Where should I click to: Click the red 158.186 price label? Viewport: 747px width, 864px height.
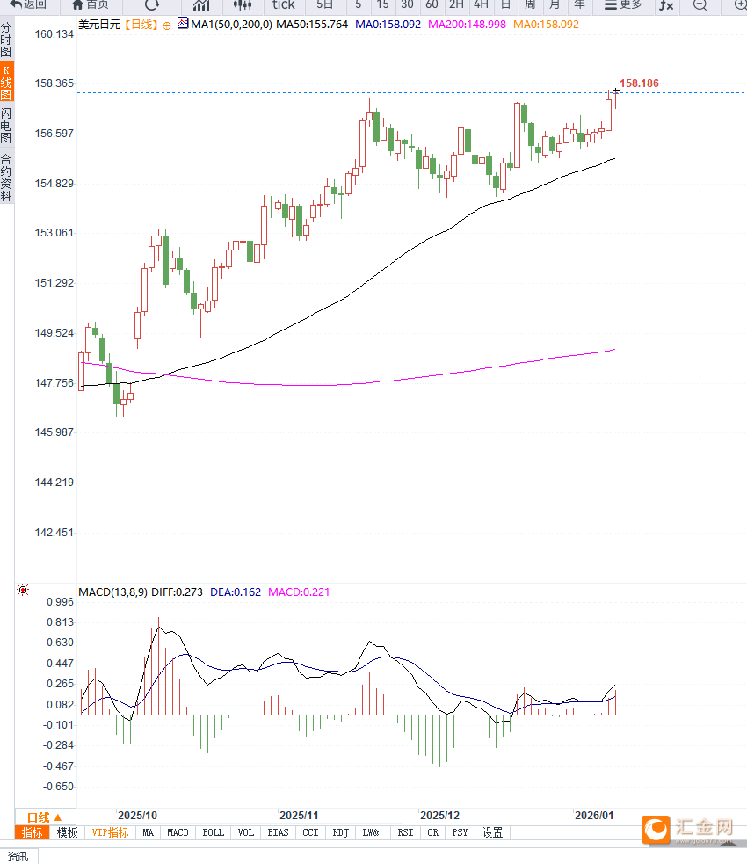[x=639, y=83]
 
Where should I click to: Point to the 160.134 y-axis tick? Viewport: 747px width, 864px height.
[x=54, y=34]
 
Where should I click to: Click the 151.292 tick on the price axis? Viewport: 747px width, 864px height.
[x=54, y=283]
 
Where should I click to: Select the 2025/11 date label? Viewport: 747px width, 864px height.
[x=298, y=815]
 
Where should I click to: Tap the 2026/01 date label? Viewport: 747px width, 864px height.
[x=593, y=815]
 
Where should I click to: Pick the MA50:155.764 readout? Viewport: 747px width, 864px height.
[x=312, y=25]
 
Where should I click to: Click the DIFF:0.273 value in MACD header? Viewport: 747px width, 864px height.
[x=177, y=592]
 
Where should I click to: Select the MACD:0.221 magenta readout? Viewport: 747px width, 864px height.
[x=299, y=592]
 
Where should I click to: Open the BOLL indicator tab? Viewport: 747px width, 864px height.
[x=213, y=832]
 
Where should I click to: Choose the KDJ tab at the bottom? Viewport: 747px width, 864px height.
[x=341, y=832]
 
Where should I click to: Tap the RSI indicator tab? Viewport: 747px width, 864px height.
[x=405, y=832]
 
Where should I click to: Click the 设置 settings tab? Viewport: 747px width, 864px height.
[x=493, y=832]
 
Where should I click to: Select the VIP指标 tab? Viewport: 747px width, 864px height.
[x=111, y=832]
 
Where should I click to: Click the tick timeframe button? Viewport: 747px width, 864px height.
[x=283, y=5]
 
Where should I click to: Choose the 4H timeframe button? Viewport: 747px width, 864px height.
[x=481, y=5]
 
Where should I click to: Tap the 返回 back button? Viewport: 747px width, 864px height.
[x=28, y=5]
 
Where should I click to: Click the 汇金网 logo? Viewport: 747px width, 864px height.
[x=690, y=828]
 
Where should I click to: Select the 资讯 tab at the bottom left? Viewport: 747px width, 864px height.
[x=18, y=856]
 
